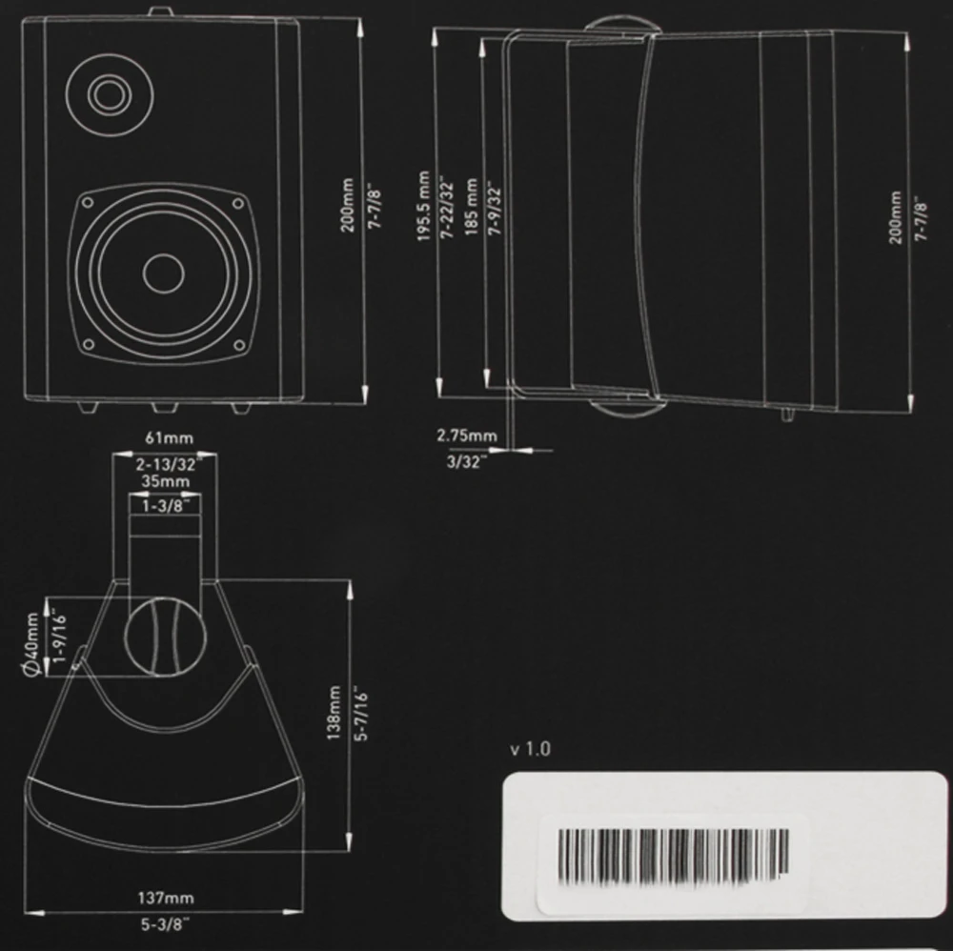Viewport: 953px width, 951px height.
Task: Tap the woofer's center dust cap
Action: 163,273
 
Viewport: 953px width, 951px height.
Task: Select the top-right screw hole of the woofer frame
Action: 238,203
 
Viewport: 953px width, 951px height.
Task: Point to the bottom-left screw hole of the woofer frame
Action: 88,344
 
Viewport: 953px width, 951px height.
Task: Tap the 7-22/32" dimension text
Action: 444,208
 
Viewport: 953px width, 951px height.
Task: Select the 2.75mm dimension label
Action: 466,435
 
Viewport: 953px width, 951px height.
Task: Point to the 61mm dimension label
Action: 162,436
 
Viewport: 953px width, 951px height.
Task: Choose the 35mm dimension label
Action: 162,481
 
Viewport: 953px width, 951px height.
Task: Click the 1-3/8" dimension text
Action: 163,507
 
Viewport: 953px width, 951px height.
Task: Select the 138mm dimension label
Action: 334,714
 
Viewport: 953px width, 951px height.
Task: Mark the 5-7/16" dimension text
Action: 360,714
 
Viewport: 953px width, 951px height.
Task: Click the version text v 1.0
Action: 530,749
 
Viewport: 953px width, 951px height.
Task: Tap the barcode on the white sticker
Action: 672,853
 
